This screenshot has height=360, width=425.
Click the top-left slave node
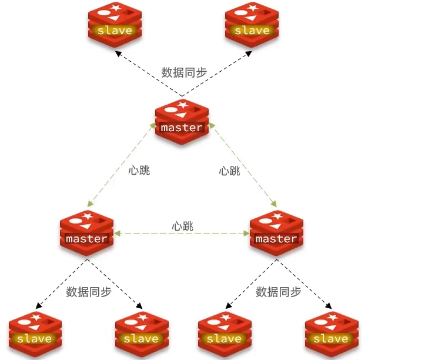coord(115,25)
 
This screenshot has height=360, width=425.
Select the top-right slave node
coord(252,25)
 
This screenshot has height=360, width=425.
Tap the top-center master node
coord(182,122)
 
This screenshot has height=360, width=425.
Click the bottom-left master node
coord(86,234)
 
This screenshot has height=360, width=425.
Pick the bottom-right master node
coord(276,234)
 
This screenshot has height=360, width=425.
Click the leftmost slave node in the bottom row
coord(35,334)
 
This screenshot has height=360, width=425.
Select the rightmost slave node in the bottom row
coord(331,334)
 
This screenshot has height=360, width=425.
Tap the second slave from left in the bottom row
coord(141,334)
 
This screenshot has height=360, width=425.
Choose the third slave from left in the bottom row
coord(224,334)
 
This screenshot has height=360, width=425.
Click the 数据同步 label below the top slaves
coord(184,73)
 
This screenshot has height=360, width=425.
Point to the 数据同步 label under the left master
coord(89,292)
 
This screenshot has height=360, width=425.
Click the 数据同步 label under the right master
coord(279,292)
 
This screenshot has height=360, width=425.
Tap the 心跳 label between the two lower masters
coord(183,226)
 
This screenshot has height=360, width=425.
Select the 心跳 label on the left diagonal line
coord(139,171)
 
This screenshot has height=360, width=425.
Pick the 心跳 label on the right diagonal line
coord(229,171)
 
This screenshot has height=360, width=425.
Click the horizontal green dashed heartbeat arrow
coord(182,234)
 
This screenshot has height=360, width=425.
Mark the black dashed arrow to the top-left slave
coord(147,72)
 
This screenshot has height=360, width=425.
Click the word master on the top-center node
coord(182,128)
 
